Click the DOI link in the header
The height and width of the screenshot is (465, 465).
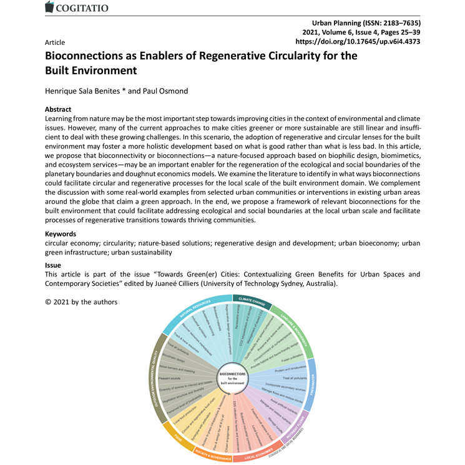tap(356, 42)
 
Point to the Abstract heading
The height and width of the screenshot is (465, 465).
tap(59, 109)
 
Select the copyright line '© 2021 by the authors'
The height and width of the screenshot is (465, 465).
tap(81, 302)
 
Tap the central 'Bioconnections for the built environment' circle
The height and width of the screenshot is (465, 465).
tap(232, 378)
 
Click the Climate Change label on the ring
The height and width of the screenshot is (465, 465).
tap(249, 300)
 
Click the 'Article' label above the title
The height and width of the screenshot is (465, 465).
tap(55, 42)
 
